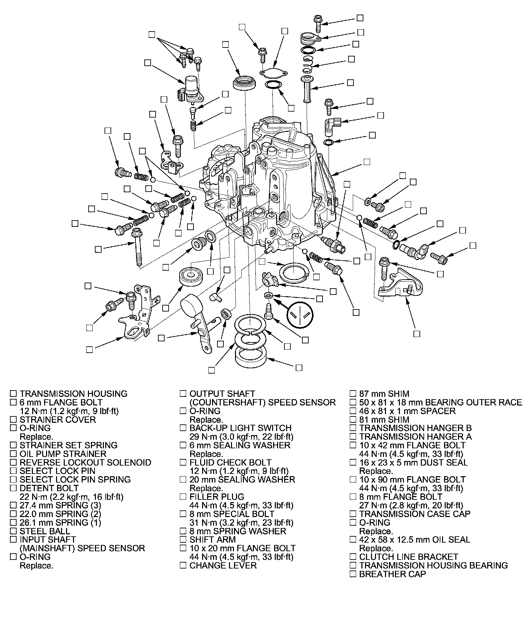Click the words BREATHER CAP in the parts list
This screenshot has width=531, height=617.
(392, 574)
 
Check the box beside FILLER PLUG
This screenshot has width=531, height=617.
(183, 497)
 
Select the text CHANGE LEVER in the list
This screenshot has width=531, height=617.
(223, 565)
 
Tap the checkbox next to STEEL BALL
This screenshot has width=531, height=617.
(13, 531)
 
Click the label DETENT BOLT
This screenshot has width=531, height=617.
(49, 488)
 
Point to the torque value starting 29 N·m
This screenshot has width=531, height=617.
(241, 437)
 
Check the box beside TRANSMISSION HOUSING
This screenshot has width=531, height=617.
(13, 394)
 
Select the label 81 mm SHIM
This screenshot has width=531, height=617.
(384, 419)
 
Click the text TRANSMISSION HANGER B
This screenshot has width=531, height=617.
(415, 428)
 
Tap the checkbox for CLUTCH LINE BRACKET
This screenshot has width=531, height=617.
(353, 557)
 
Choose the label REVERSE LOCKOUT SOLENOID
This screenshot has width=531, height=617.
(85, 462)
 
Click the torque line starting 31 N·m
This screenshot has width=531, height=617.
(241, 523)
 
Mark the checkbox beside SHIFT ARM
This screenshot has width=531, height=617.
(183, 540)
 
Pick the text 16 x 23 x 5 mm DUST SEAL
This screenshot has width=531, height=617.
(413, 462)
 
